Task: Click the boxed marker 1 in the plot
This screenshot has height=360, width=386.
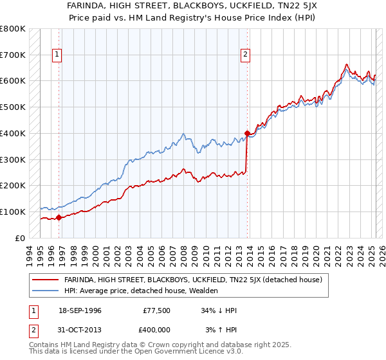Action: point(57,55)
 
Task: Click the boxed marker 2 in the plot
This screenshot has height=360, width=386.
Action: point(246,55)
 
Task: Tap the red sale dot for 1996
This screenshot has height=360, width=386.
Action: point(59,217)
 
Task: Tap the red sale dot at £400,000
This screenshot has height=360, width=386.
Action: point(247,133)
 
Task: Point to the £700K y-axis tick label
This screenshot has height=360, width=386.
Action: point(13,55)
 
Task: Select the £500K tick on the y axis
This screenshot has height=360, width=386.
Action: point(13,107)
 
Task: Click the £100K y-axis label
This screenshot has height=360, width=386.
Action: point(13,212)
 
